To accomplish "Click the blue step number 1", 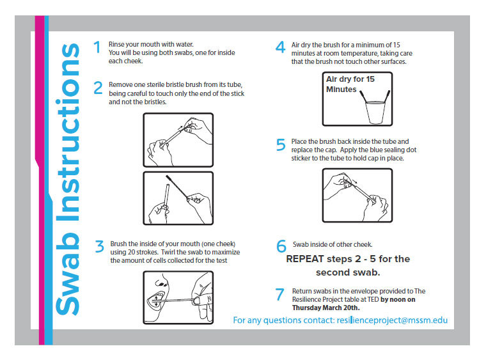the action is tap(97, 47).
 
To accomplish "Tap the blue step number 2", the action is tap(98, 88).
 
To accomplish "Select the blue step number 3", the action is tap(100, 247).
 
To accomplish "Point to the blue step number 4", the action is tap(281, 47).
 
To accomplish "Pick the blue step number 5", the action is tap(281, 145).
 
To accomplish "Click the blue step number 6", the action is tap(281, 246).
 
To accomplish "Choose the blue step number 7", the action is tap(279, 294).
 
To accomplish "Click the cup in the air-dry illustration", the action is tap(375, 113).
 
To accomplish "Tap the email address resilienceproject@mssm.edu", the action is tap(392, 320).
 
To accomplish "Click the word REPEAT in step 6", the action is tap(305, 259).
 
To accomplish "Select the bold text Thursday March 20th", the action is tap(325, 308).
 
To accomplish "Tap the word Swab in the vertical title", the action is tap(68, 274).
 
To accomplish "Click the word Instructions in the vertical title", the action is tap(68, 132).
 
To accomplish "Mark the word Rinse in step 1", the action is tap(116, 44).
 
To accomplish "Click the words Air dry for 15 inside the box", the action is tap(350, 79).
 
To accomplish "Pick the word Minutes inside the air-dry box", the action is tap(341, 90).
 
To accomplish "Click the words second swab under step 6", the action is tap(348, 272).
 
